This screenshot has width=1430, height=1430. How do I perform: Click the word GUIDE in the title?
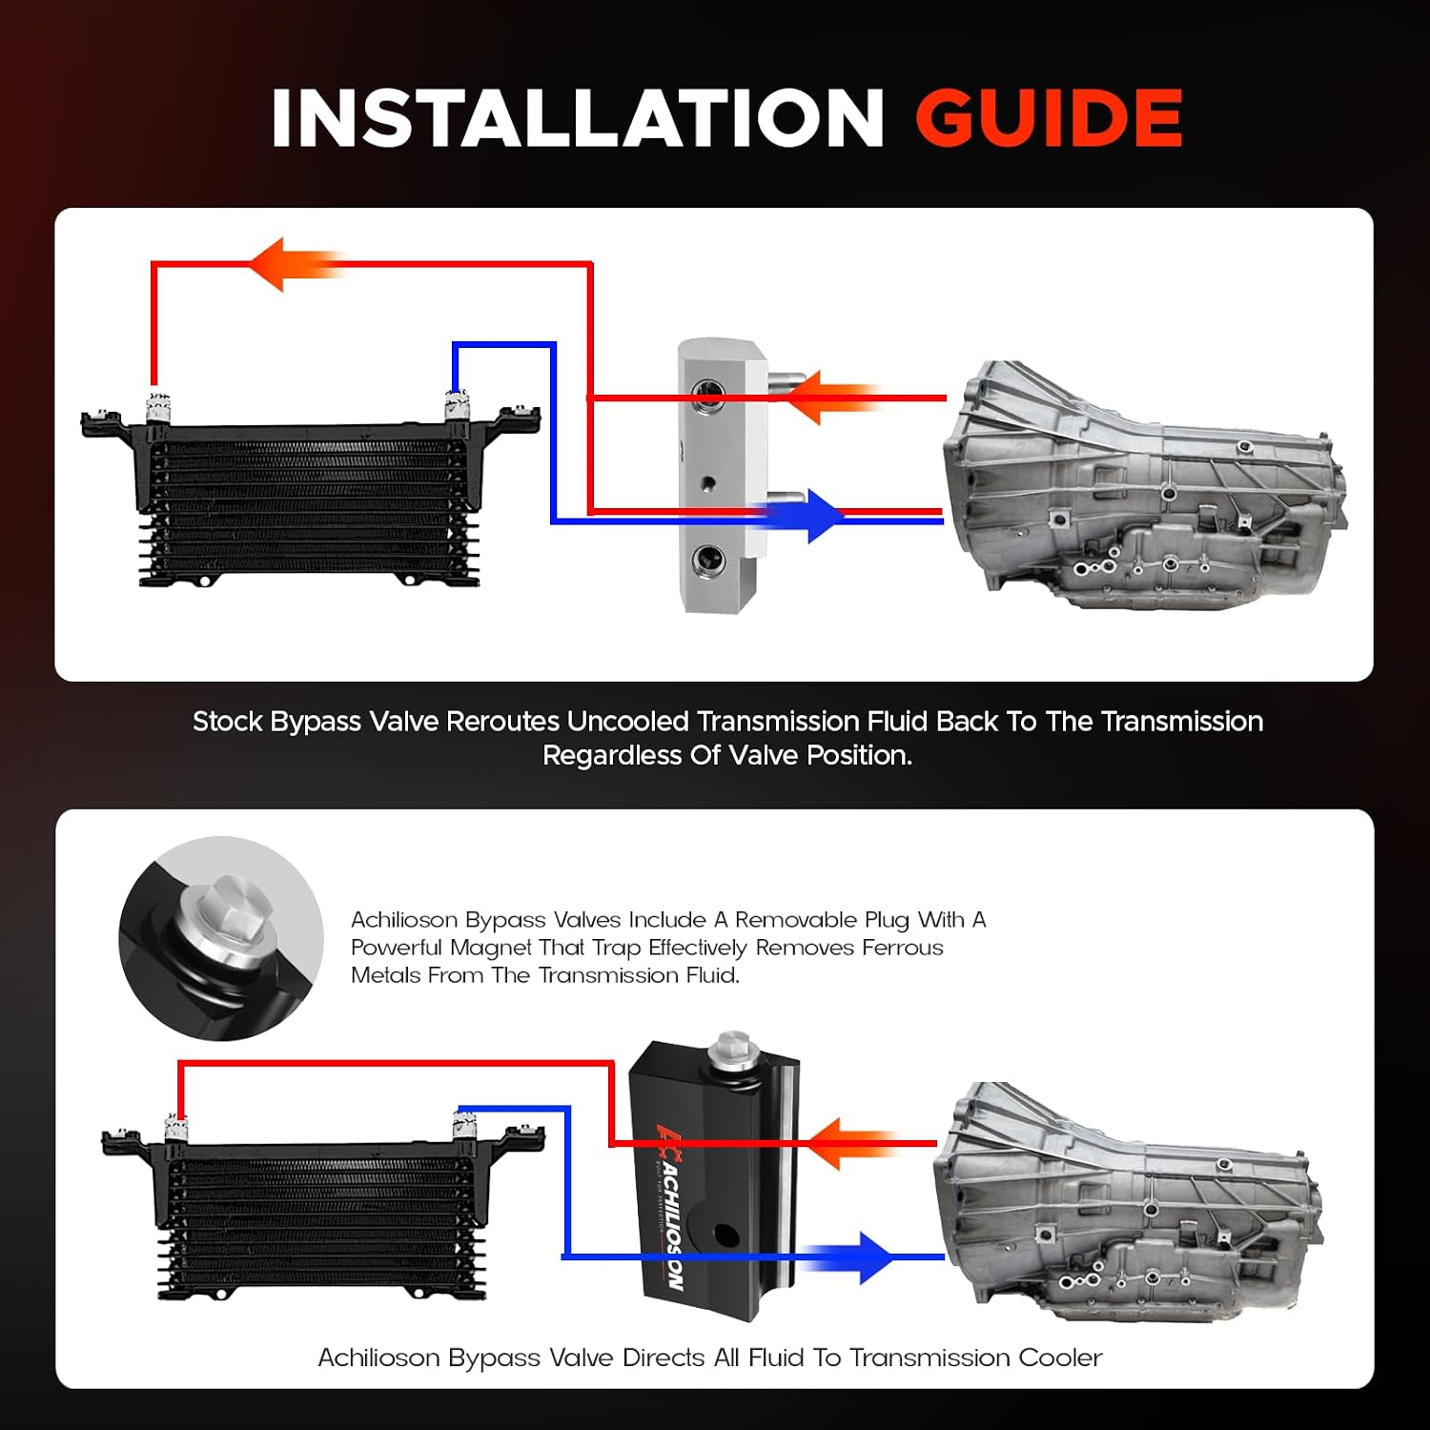coord(1049,118)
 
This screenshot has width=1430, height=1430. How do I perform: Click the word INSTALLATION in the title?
coord(578,118)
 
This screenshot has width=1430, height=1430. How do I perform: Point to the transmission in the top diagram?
coord(1144,484)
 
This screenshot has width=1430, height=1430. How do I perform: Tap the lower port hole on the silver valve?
coord(706,560)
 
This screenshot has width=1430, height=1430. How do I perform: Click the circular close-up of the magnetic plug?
coord(221,938)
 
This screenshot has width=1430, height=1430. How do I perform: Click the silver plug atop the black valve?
coord(732,1047)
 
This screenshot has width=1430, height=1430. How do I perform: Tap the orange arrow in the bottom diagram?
coord(853,1142)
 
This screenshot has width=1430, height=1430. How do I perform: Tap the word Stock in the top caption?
coord(228,722)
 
